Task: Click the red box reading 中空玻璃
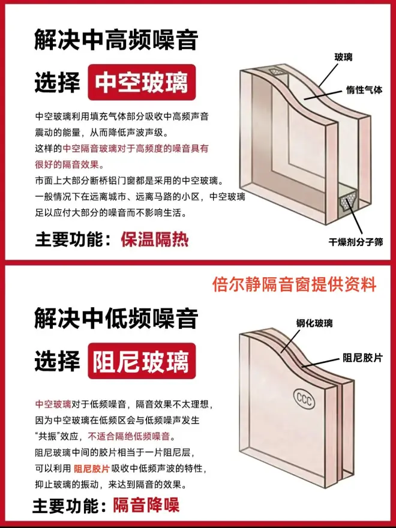[x=142, y=83]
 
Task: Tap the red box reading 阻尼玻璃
[x=142, y=361]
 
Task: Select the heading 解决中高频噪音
[x=116, y=40]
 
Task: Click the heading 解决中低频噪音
[x=116, y=318]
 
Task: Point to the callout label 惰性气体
[x=364, y=90]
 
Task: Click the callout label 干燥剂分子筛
[x=356, y=242]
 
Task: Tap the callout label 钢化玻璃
[x=314, y=323]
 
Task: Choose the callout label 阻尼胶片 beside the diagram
[x=363, y=358]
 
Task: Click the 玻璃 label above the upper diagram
[x=343, y=57]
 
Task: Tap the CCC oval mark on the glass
[x=304, y=399]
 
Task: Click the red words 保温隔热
[x=155, y=239]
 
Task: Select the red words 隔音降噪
[x=146, y=505]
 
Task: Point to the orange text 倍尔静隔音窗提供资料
[x=294, y=284]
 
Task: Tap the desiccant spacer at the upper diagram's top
[x=277, y=73]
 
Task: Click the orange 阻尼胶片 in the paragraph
[x=92, y=469]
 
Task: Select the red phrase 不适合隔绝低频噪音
[x=128, y=436]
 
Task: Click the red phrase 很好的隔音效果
[x=69, y=164]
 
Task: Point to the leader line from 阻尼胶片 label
[x=321, y=362]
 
